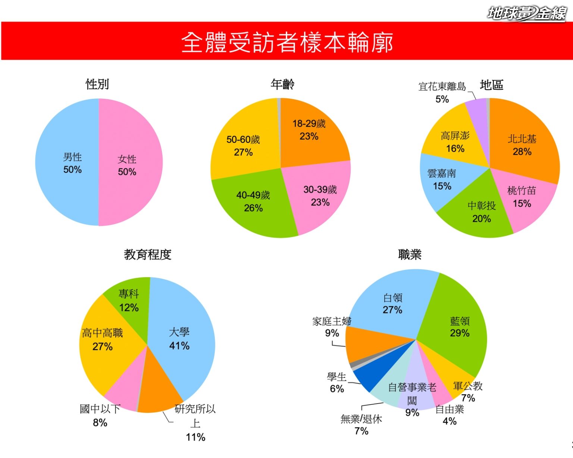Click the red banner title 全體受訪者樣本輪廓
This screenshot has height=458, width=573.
click(x=286, y=42)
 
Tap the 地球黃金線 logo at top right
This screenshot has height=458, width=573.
click(x=527, y=13)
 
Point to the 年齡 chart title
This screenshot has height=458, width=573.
click(x=282, y=84)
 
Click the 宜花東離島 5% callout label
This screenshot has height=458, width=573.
click(x=442, y=92)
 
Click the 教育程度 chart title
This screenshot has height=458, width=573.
click(x=148, y=255)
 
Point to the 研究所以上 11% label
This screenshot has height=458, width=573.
click(x=195, y=423)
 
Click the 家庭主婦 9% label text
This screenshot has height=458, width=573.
click(x=332, y=327)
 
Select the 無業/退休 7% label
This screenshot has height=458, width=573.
click(x=361, y=425)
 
